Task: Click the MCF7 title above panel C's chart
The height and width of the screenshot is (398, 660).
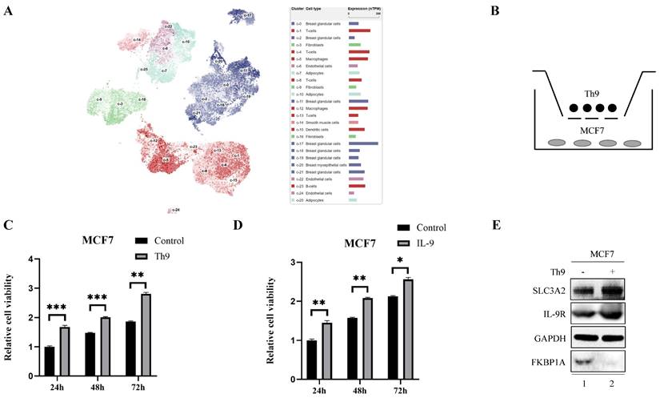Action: tap(99, 238)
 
